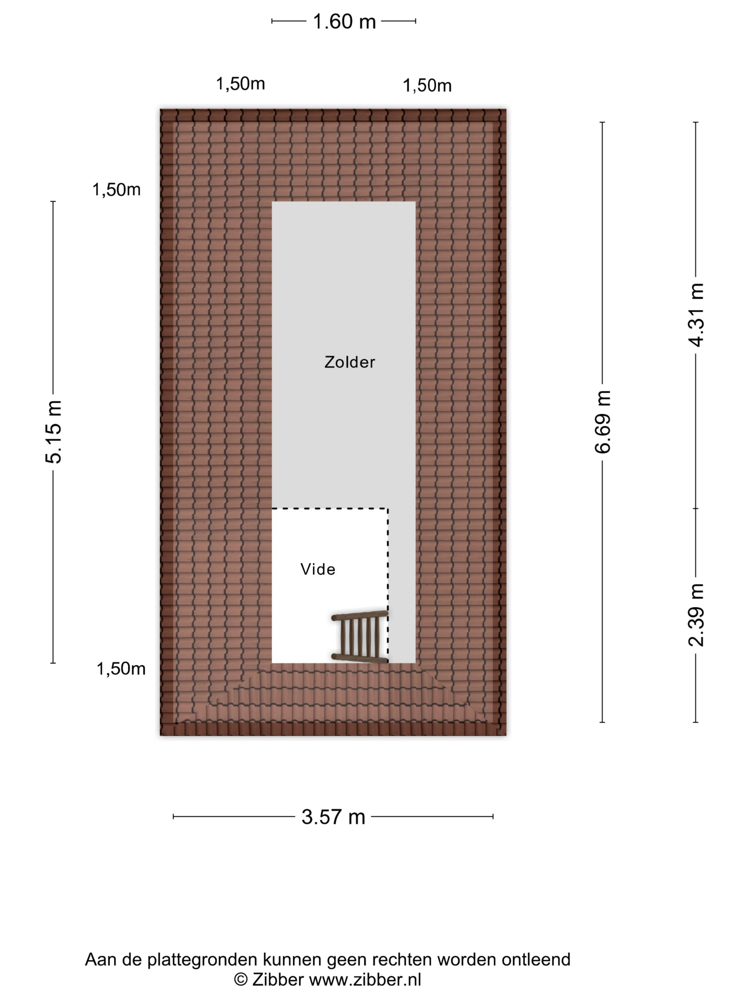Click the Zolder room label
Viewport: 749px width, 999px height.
tap(350, 362)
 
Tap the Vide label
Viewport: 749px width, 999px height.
tap(318, 569)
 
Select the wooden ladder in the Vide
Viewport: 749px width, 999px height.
tap(360, 637)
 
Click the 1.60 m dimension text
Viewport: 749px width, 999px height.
tap(344, 21)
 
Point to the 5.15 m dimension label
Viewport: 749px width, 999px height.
tap(53, 432)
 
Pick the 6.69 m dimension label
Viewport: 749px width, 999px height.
tap(603, 422)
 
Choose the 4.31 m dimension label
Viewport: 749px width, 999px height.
tap(696, 315)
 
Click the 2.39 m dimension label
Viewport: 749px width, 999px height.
tap(696, 615)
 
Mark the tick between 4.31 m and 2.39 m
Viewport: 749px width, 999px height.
tap(696, 508)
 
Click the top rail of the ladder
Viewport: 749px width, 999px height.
tap(360, 615)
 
